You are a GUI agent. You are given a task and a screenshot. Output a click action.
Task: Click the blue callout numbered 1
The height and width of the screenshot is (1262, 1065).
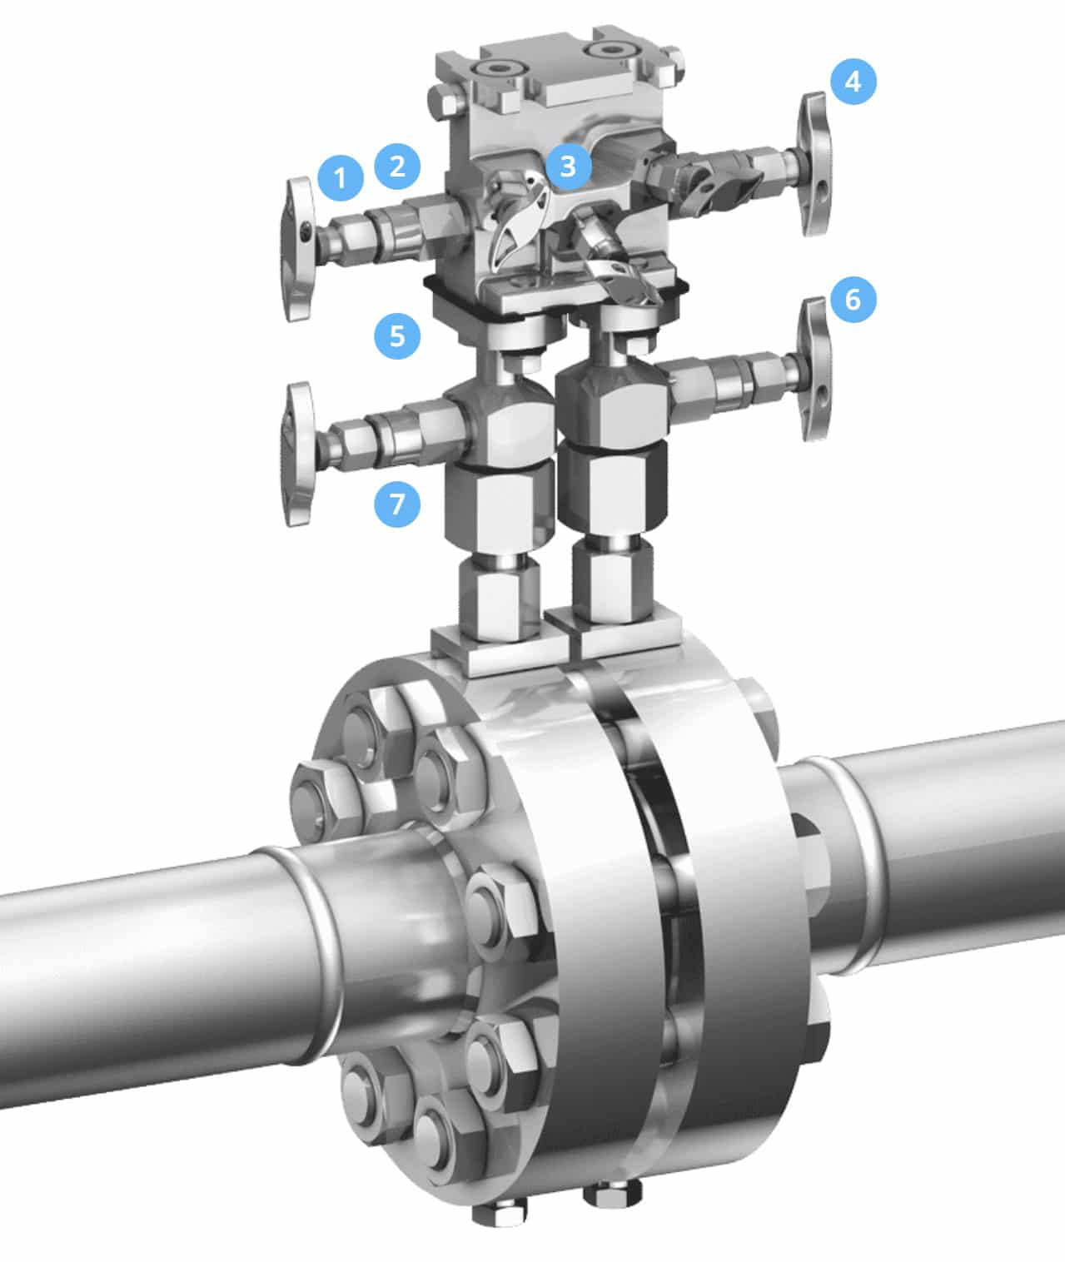click(341, 177)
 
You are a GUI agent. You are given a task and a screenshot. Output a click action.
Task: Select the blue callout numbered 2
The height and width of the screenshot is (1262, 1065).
click(397, 166)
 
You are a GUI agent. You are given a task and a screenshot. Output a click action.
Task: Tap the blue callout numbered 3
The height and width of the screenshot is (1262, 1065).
click(567, 166)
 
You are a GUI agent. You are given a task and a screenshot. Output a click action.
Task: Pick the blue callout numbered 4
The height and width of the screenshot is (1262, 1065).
click(853, 81)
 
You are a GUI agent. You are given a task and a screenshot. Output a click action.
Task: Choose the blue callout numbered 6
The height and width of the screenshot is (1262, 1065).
click(853, 299)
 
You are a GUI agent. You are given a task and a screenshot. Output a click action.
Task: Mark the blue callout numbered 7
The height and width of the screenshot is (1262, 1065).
click(397, 503)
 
